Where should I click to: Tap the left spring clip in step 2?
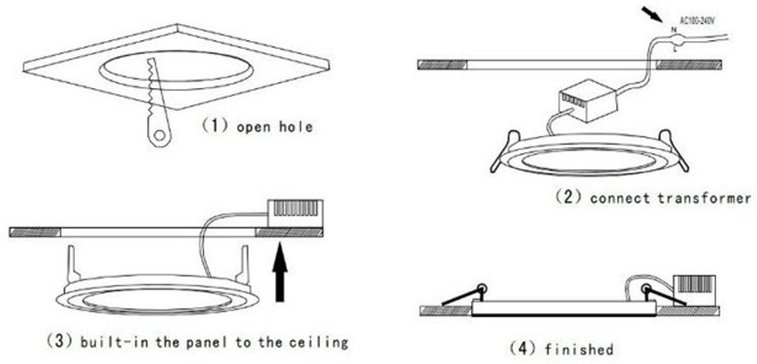point(504,151)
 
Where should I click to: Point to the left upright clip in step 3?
point(73,264)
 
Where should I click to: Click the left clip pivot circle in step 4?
point(482,288)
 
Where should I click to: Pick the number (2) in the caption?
point(568,198)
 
